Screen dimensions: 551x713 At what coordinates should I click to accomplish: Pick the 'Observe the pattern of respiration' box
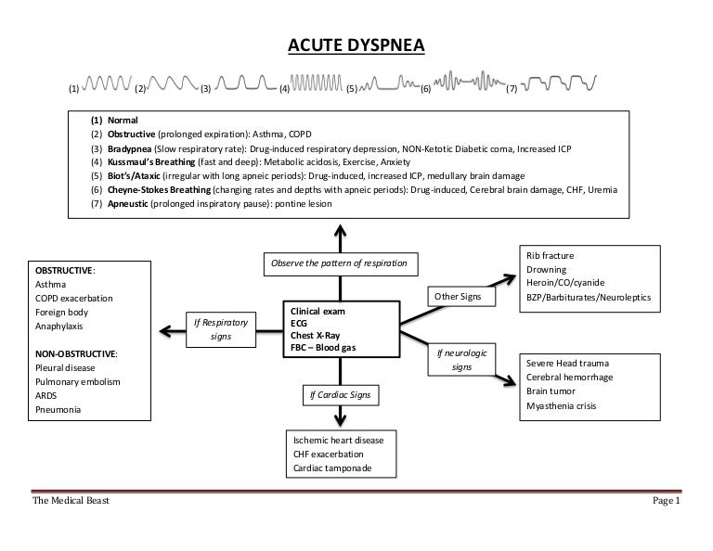340,263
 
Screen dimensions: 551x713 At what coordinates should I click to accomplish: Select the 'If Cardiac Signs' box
339,395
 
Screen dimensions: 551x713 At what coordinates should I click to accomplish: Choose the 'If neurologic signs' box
461,361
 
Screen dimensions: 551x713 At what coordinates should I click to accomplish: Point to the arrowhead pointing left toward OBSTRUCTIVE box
164,329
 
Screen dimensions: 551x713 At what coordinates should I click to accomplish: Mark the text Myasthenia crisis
562,406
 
